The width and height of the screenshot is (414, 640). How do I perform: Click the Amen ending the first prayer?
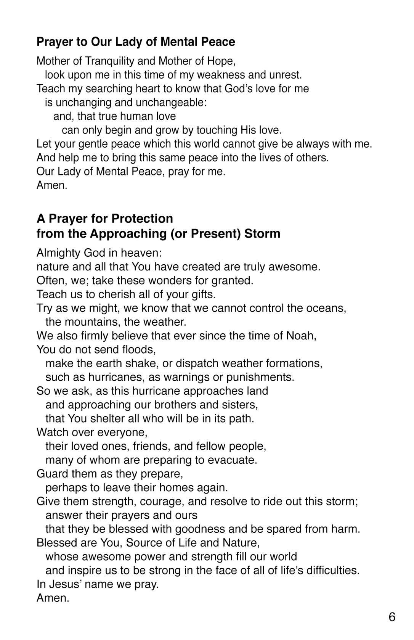[52, 186]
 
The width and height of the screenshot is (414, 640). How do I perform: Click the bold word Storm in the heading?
[262, 233]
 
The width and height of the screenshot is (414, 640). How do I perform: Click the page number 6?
[392, 617]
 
